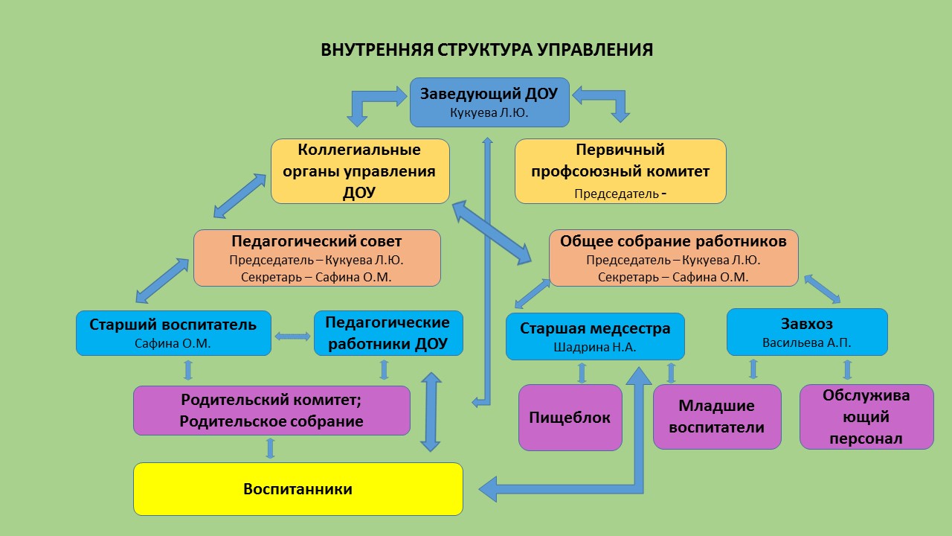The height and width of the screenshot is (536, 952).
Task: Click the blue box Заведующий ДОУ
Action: click(489, 102)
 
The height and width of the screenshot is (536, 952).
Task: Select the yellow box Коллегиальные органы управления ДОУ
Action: click(360, 171)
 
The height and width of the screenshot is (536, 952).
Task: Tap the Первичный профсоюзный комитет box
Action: click(620, 171)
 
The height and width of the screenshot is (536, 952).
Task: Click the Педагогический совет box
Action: click(317, 258)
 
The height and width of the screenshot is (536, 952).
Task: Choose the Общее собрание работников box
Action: click(673, 258)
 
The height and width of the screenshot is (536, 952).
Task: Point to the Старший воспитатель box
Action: click(173, 333)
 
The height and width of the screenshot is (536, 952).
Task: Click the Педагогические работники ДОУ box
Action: click(388, 333)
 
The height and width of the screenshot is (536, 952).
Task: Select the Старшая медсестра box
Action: click(595, 336)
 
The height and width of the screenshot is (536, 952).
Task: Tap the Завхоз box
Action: click(807, 332)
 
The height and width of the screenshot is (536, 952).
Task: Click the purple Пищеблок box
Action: click(570, 418)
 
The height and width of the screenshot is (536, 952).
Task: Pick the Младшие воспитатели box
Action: click(717, 417)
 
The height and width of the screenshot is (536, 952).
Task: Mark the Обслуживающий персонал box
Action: click(866, 417)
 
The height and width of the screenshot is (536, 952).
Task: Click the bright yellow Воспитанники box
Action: click(297, 489)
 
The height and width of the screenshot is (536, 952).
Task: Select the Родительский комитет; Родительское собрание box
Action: click(271, 410)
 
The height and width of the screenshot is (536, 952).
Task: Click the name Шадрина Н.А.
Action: click(595, 347)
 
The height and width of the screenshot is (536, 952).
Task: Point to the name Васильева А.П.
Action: click(807, 343)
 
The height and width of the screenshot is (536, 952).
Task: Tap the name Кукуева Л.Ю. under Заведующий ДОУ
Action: click(489, 112)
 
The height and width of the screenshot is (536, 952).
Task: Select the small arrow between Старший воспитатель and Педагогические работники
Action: click(292, 336)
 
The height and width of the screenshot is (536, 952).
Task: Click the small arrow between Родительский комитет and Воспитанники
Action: click(270, 448)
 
